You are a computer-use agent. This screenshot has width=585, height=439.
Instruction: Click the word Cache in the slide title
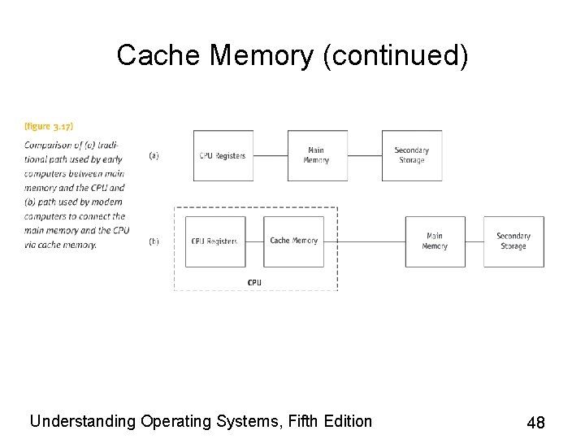pos(159,55)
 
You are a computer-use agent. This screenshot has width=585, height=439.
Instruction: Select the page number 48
pos(535,422)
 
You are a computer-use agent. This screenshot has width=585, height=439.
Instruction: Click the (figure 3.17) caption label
pos(49,127)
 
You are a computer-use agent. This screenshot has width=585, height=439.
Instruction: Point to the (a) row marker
pos(154,155)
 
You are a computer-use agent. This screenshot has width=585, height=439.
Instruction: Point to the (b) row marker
pos(154,241)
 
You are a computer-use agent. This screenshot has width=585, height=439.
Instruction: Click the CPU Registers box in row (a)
pos(223,155)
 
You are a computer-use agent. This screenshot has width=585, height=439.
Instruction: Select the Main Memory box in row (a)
pos(316,155)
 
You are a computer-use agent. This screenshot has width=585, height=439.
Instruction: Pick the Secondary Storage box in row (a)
pos(412,155)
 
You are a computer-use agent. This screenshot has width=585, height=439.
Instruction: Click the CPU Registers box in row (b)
pos(214,241)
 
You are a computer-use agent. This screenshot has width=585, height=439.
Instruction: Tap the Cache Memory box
pos(293,241)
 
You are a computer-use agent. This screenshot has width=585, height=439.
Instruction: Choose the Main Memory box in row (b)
pos(435,241)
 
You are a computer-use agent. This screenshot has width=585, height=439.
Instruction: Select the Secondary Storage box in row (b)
pos(513,241)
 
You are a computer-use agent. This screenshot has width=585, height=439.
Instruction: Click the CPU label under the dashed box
pos(254,282)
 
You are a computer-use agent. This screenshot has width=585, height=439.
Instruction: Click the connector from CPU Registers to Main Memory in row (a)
pos(270,155)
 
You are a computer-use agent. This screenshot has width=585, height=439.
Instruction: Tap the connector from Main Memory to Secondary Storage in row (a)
pos(365,155)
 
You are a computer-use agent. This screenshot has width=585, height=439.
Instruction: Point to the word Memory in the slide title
pos(260,55)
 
